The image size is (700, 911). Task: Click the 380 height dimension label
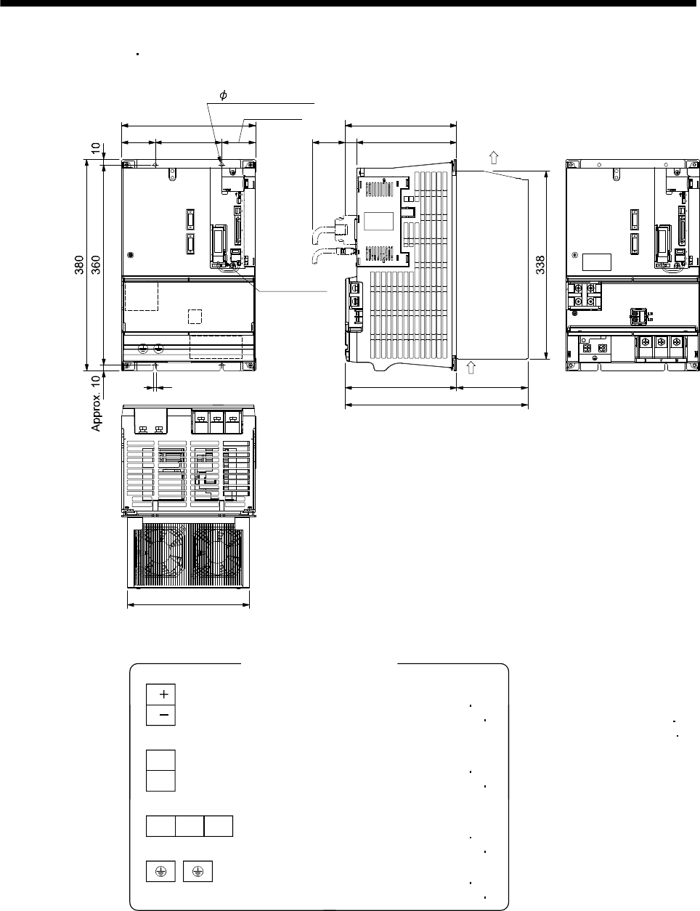click(x=79, y=265)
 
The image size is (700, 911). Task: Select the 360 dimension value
click(x=96, y=265)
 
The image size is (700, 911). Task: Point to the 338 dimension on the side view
click(x=540, y=265)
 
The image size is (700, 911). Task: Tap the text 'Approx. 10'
click(x=97, y=403)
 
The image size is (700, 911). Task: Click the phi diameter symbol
click(x=223, y=95)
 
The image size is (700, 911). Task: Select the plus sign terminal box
click(x=160, y=695)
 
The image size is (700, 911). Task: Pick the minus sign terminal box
click(x=160, y=716)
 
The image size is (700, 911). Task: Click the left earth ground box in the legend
click(x=160, y=871)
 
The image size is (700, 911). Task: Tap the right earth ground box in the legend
click(x=198, y=871)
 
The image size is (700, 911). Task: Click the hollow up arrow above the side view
click(x=494, y=158)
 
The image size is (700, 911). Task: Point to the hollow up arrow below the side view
click(x=471, y=368)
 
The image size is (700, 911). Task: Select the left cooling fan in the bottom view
click(x=163, y=554)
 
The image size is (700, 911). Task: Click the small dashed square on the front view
click(x=195, y=317)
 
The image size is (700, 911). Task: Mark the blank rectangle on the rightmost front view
click(x=597, y=262)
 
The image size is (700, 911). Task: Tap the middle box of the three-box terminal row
click(x=190, y=826)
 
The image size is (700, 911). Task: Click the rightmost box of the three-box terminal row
click(x=219, y=826)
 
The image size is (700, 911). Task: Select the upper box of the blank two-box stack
click(x=160, y=760)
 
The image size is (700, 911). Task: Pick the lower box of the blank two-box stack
click(x=160, y=781)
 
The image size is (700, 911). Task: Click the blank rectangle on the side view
click(x=378, y=221)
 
